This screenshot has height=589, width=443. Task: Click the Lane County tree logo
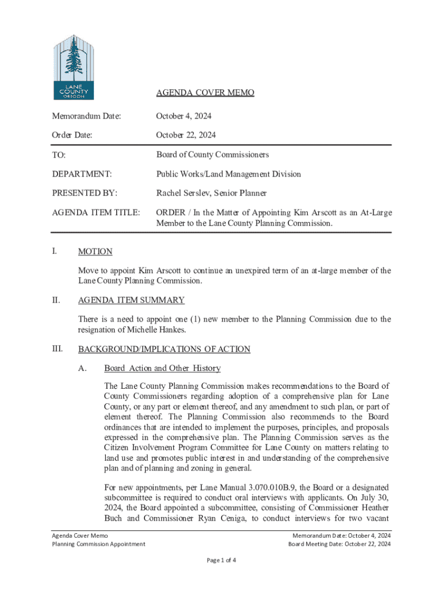[73, 67]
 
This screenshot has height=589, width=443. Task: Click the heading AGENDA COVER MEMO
[205, 93]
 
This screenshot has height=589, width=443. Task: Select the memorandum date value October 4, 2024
[184, 116]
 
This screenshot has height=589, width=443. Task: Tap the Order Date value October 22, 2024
[186, 135]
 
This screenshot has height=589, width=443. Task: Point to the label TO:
[59, 155]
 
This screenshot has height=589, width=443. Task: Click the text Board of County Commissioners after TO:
[212, 155]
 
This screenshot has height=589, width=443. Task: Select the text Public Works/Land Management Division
[228, 174]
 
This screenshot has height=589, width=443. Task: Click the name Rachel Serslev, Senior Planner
[212, 193]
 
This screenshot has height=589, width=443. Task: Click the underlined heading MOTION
[95, 251]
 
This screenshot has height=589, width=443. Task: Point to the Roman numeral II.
[56, 300]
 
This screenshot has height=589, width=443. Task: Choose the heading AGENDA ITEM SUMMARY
[131, 300]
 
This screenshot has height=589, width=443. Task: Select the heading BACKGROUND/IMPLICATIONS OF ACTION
[164, 349]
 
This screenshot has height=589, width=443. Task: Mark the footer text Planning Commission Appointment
[98, 544]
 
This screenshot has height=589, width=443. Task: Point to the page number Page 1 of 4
[221, 560]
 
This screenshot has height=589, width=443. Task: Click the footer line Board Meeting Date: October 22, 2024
[339, 544]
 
